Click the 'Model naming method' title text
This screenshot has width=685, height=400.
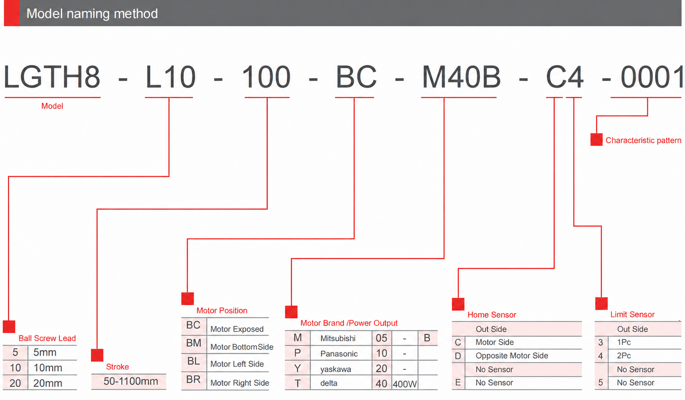tap(92, 14)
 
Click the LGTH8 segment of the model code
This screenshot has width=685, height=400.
tap(52, 77)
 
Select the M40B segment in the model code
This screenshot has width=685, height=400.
tap(461, 77)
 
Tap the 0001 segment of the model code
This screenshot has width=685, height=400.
tap(651, 77)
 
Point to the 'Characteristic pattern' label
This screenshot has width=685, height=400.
tap(643, 140)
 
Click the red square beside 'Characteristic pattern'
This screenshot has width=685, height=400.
tap(597, 139)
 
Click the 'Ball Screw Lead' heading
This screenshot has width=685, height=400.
tap(47, 338)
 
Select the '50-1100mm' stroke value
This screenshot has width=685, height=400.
tap(131, 381)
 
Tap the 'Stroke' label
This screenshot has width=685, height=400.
tap(117, 367)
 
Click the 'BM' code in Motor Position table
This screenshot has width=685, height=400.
tap(194, 343)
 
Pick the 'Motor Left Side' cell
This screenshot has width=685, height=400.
tap(237, 364)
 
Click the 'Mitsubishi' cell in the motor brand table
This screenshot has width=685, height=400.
tap(338, 338)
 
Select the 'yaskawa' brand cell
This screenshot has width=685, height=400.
tap(336, 370)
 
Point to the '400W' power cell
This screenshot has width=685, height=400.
tap(404, 384)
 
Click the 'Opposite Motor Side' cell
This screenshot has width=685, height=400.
tap(512, 356)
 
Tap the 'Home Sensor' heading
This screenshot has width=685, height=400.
tap(492, 315)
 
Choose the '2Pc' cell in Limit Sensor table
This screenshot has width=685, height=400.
tap(624, 356)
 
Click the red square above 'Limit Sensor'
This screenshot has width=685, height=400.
tap(602, 303)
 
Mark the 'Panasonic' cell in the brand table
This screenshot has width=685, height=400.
tap(339, 354)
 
